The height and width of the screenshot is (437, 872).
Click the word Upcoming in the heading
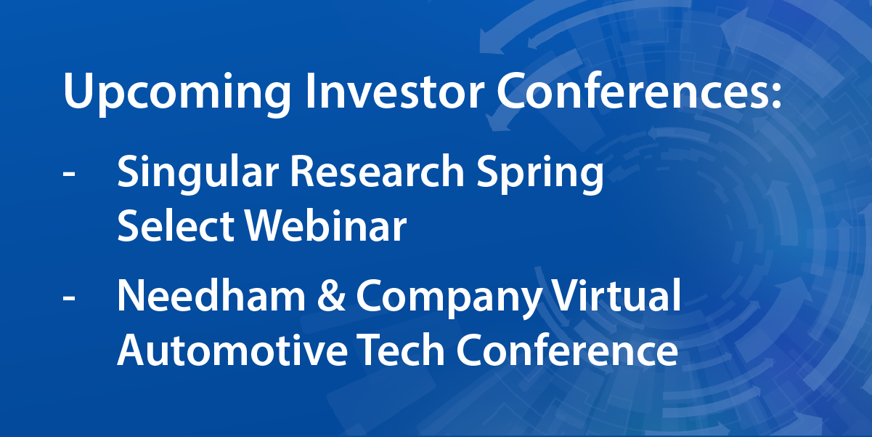(x=177, y=93)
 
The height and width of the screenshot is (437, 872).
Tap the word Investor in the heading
(x=394, y=90)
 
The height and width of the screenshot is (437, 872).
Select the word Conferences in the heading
(x=631, y=90)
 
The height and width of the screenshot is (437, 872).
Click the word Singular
(x=197, y=173)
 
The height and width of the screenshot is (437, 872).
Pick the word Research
(x=378, y=172)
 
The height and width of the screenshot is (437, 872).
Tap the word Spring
(x=540, y=173)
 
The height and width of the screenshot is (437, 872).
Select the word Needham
(x=211, y=295)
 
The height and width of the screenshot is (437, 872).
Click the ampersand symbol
(x=331, y=295)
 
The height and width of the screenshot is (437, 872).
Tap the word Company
(x=449, y=298)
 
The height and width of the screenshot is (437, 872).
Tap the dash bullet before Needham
(x=69, y=299)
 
